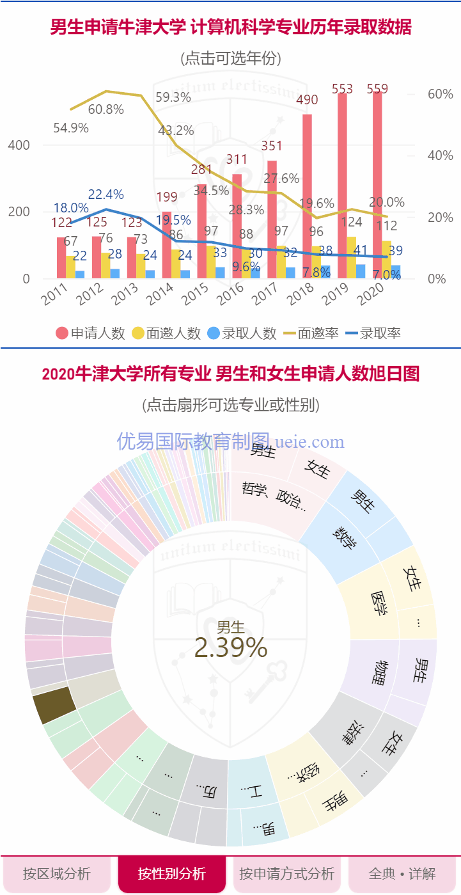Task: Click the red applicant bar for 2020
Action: tap(377, 186)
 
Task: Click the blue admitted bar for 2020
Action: tap(396, 272)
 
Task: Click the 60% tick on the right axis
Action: tap(440, 94)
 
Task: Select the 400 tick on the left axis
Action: tap(19, 145)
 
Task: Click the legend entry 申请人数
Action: tap(90, 333)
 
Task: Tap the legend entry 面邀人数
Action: tap(166, 333)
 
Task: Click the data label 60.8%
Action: tap(105, 109)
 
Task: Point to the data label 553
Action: tap(342, 89)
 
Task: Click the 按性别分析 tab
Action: tap(171, 873)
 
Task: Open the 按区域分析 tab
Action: tap(57, 873)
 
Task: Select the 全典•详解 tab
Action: tap(402, 873)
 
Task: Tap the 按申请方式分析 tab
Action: tap(286, 873)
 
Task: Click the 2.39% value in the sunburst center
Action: tap(230, 648)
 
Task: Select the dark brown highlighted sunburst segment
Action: tap(54, 706)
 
